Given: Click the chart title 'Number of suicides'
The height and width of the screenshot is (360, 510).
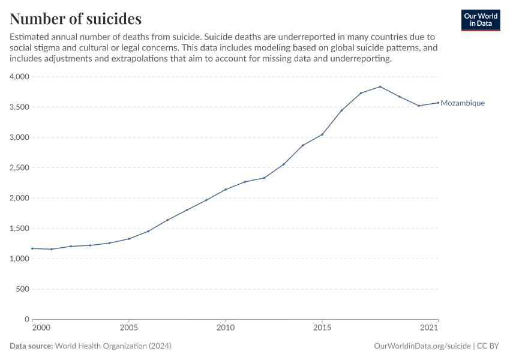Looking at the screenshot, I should click(x=76, y=18).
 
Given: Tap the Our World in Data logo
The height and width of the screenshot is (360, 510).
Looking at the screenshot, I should click(x=480, y=20).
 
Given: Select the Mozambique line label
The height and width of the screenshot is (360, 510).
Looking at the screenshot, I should click(x=463, y=103).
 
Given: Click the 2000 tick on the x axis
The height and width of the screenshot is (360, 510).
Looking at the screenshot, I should click(x=41, y=328).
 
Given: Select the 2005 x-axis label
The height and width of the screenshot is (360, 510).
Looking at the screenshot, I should click(x=128, y=328).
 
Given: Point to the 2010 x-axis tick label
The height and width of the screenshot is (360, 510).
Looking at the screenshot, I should click(x=226, y=328).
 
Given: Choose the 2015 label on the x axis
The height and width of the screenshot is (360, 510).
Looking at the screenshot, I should click(x=322, y=328).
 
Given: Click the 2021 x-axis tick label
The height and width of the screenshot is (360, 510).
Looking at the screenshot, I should click(x=429, y=328).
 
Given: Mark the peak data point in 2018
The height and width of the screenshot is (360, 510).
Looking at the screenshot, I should click(x=380, y=86).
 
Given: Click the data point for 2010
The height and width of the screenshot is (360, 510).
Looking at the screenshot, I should click(x=226, y=190).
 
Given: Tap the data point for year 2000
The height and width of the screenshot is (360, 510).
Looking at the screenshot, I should click(x=32, y=248).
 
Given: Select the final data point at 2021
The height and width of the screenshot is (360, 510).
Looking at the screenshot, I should click(x=438, y=103).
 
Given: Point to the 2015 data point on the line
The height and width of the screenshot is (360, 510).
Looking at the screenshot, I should click(x=322, y=134).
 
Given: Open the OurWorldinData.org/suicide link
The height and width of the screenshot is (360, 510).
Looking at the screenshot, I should click(x=422, y=346).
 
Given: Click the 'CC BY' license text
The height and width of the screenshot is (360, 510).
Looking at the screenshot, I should click(x=488, y=346).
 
